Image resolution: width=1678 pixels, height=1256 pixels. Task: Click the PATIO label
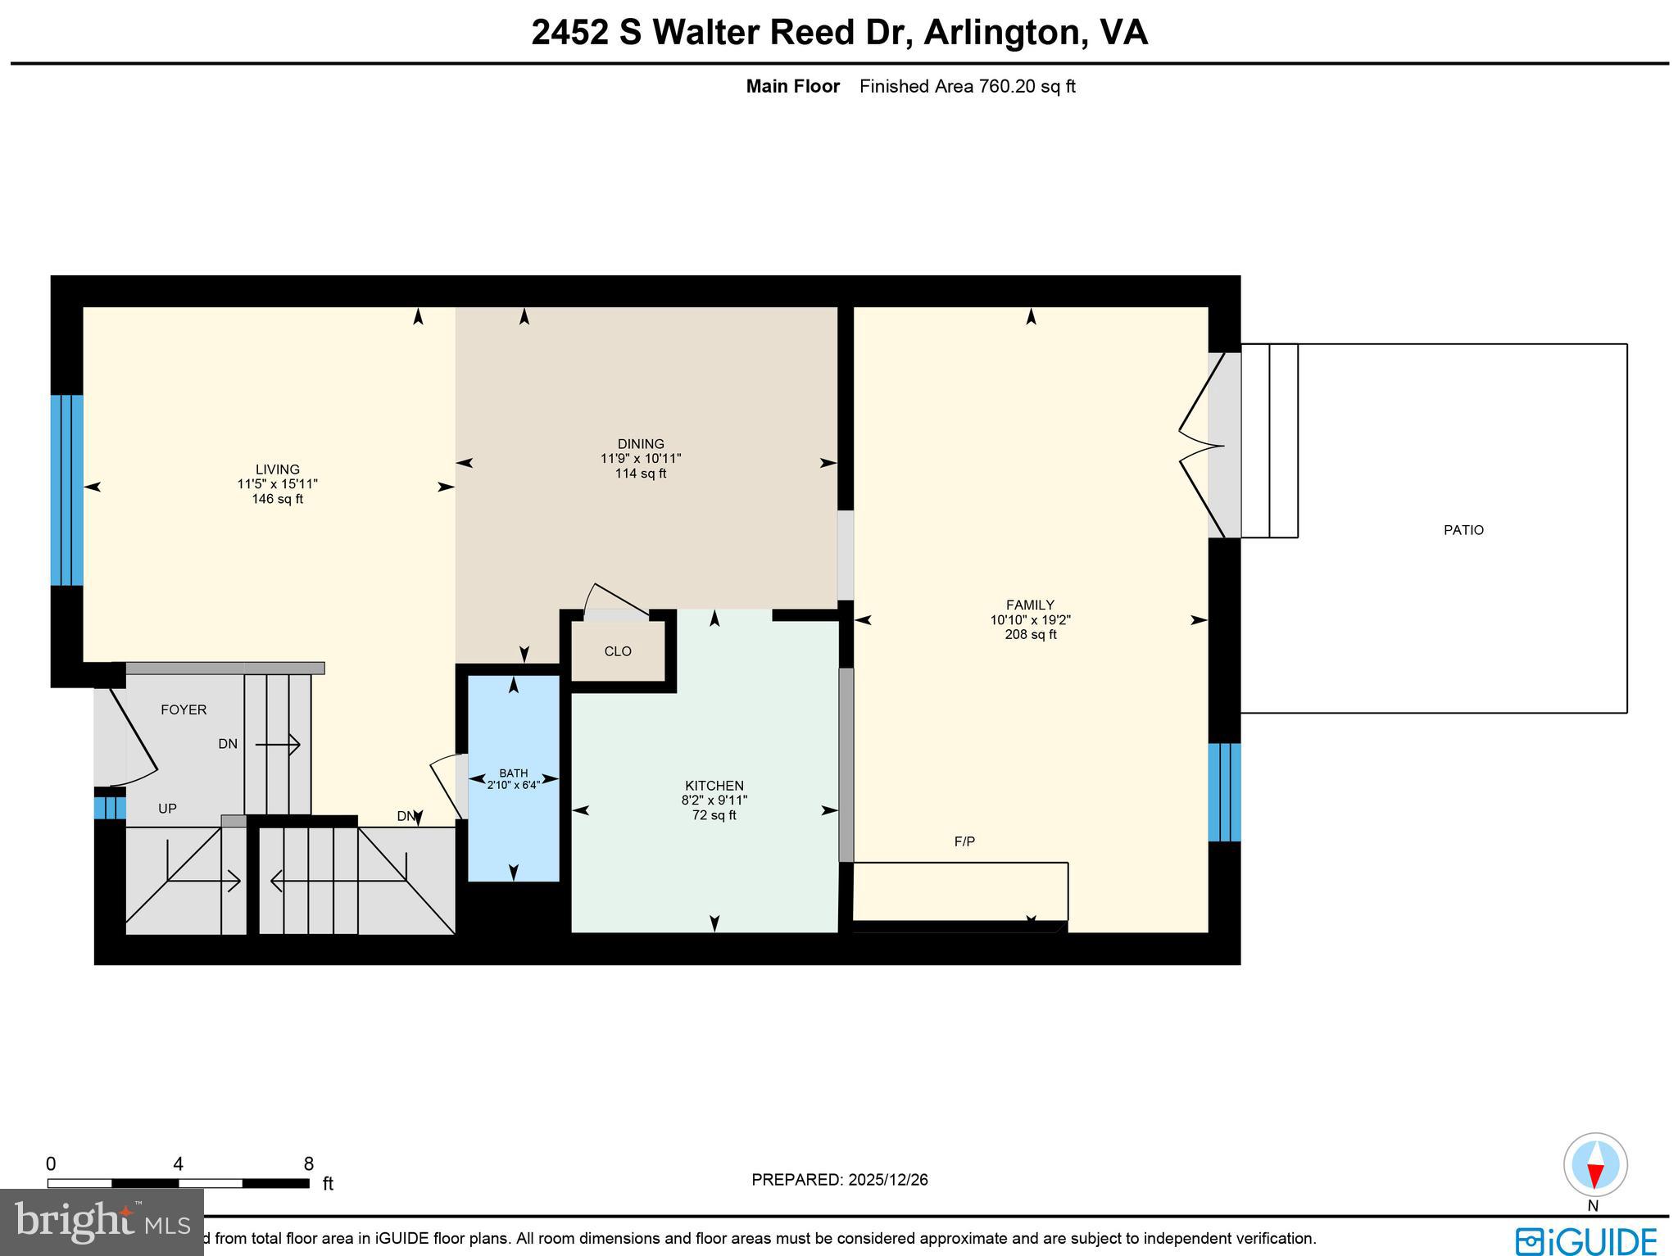[1463, 530]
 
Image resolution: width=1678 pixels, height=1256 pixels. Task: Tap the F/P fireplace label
[964, 841]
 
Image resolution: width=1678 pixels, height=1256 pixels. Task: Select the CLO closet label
[618, 651]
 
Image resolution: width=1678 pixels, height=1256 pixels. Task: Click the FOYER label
[184, 710]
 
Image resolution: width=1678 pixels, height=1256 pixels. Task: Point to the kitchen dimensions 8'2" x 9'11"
[714, 800]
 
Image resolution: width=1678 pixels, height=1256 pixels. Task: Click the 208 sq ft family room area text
[1030, 635]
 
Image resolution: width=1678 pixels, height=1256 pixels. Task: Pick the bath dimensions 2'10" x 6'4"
[514, 785]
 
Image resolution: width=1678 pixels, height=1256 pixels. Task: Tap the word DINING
[641, 444]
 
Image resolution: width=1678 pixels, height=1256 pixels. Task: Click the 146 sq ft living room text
[277, 499]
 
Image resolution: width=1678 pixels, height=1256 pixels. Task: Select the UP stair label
[167, 809]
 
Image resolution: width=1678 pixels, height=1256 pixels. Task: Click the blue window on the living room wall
[67, 490]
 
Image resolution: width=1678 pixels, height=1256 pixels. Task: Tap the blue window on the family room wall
[1224, 792]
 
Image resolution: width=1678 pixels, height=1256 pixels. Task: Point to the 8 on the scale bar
[309, 1164]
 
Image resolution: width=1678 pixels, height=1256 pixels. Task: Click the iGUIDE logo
[1585, 1240]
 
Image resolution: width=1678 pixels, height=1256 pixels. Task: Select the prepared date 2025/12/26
[887, 1180]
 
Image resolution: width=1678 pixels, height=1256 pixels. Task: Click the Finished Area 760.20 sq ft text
[967, 87]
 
